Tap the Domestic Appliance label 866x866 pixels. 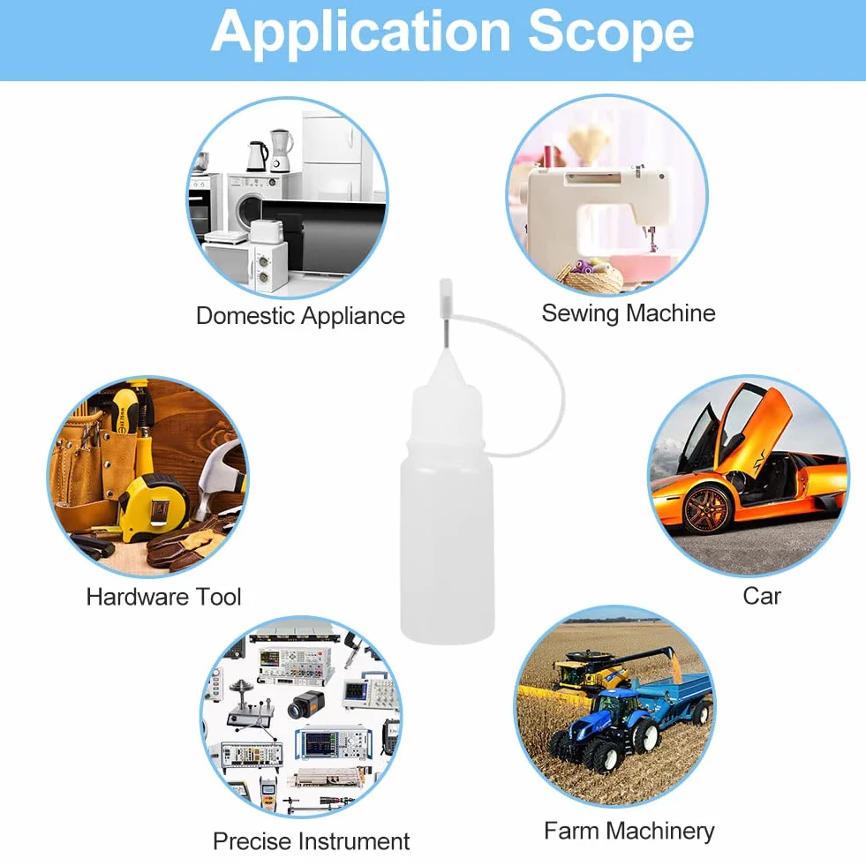pos(300,316)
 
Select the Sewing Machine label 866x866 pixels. pos(629,313)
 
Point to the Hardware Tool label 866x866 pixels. pos(163,597)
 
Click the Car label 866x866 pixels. pos(762,596)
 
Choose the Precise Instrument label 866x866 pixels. pos(312,841)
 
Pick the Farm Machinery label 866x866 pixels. pos(629,832)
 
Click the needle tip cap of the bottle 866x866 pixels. pos(445,293)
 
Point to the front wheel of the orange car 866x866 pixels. pos(707,508)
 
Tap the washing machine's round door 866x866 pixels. pos(250,210)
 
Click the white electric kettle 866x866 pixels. pos(257,156)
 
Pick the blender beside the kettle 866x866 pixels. pos(281,150)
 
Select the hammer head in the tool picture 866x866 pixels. pos(219,470)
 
